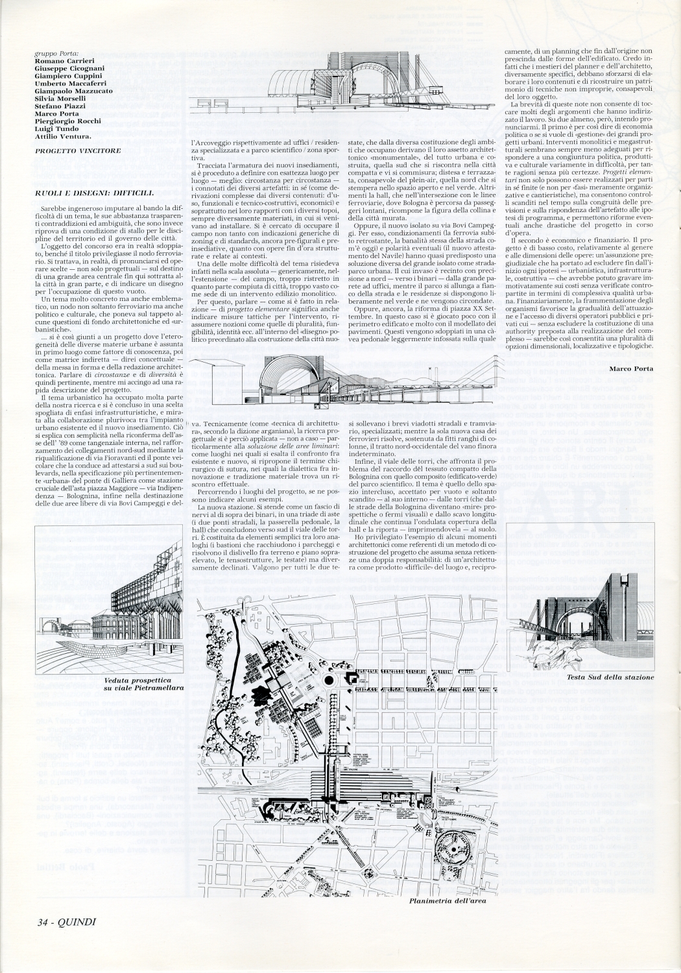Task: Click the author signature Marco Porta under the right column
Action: [x=630, y=368]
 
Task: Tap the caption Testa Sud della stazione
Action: [x=610, y=677]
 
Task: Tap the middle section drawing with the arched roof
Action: [x=350, y=383]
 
